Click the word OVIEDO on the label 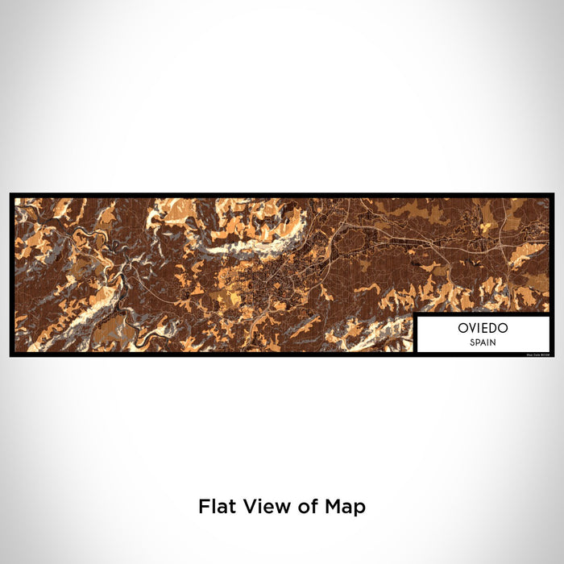coord(482,329)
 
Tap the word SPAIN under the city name coord(482,342)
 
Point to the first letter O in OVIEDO coord(462,329)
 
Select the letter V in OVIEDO coord(471,329)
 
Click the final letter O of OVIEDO coord(501,329)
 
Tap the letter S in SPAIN coord(471,342)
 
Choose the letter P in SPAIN coord(476,342)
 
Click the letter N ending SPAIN coord(493,342)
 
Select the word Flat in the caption coord(215,507)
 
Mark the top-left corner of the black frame coord(11,194)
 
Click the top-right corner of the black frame coord(554,194)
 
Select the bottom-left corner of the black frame coord(11,355)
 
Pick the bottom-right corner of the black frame coord(554,355)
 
